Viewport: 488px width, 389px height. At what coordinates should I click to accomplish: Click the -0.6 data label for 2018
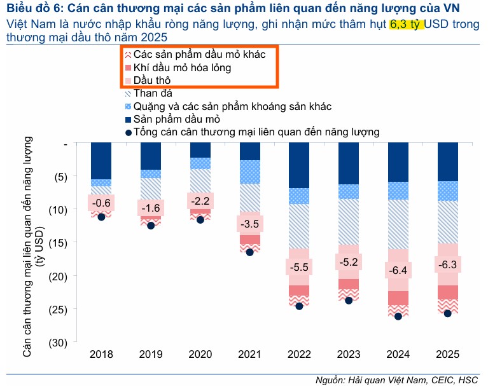click(101, 203)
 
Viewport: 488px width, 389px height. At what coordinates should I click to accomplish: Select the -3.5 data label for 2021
click(250, 224)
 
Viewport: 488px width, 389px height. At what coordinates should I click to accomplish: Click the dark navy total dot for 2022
click(299, 306)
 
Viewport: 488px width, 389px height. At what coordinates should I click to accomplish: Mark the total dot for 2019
click(151, 226)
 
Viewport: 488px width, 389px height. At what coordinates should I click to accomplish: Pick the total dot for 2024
click(398, 316)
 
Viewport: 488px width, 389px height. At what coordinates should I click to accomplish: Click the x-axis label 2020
click(200, 354)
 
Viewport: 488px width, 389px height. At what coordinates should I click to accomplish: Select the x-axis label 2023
click(349, 354)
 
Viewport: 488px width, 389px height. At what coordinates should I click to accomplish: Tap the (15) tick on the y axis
click(59, 242)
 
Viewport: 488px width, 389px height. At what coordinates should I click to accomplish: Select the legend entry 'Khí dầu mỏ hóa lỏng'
click(182, 68)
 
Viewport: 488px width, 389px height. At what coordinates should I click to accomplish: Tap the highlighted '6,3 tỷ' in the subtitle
click(407, 25)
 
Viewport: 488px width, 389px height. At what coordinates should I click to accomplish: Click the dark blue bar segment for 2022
click(299, 165)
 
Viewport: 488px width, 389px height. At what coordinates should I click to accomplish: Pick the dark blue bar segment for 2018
click(101, 161)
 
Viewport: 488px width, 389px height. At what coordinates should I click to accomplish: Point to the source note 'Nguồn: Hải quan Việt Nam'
click(372, 380)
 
